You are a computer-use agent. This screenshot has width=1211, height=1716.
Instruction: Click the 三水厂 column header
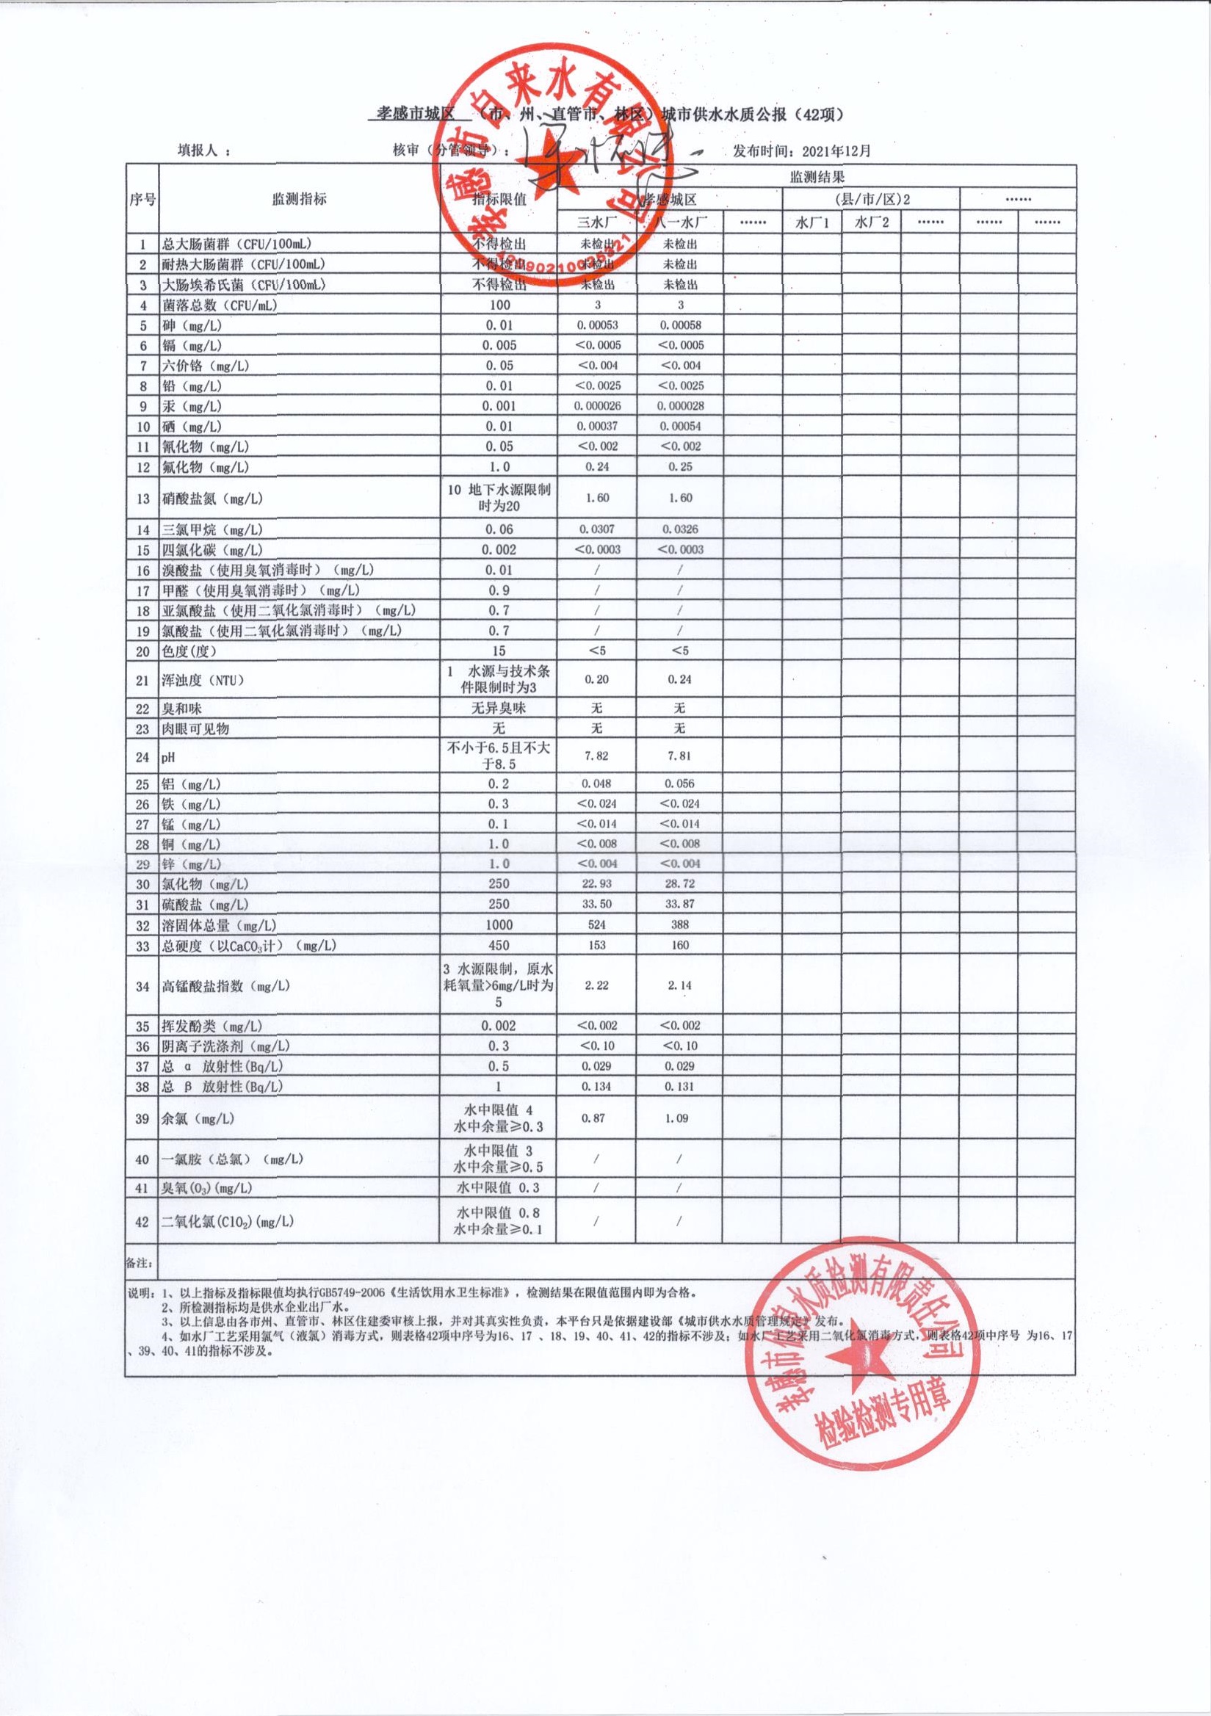(596, 222)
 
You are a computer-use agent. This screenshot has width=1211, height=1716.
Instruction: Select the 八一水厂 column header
(680, 222)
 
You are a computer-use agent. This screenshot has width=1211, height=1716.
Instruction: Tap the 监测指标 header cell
(299, 200)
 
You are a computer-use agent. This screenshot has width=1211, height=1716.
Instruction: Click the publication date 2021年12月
(836, 151)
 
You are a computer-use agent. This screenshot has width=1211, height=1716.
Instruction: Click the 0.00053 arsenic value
(597, 325)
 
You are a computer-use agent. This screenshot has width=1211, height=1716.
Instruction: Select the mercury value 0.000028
(680, 406)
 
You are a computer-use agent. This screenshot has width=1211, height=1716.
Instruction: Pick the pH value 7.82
(597, 756)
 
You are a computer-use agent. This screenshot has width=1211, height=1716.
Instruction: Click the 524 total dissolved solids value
(597, 924)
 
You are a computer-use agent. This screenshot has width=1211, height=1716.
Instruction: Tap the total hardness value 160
(680, 946)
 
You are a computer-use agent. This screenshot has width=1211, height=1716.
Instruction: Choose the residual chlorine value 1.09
(680, 1118)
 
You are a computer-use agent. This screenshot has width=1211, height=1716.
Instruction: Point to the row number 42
(142, 1221)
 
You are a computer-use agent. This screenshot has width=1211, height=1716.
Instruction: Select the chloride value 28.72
(680, 883)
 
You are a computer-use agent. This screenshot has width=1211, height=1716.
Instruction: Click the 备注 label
(139, 1263)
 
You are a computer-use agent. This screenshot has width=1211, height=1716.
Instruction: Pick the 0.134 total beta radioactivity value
(597, 1087)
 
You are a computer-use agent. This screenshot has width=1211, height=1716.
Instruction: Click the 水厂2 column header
(872, 222)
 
